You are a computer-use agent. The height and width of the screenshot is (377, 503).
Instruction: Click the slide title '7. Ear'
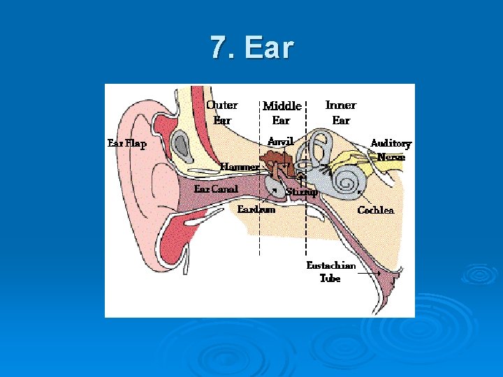click(x=252, y=48)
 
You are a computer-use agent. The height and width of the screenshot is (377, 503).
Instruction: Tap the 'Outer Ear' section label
click(x=221, y=112)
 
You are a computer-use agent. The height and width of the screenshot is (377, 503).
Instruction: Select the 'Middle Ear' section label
click(x=282, y=113)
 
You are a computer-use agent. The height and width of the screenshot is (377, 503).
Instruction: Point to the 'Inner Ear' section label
click(x=341, y=112)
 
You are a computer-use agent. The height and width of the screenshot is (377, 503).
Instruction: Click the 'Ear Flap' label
click(x=126, y=144)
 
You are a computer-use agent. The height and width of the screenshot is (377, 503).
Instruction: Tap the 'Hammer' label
click(x=240, y=167)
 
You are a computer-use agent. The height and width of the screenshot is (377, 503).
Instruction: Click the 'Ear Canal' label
click(x=216, y=189)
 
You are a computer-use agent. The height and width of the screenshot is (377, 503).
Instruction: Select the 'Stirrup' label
click(x=302, y=191)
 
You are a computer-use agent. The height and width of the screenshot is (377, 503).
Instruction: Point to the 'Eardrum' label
click(x=256, y=209)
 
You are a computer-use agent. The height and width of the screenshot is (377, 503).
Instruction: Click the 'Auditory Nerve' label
click(x=391, y=150)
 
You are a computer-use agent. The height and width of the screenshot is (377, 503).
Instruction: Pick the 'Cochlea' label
click(x=376, y=210)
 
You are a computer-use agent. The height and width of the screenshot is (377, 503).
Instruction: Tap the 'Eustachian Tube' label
click(x=331, y=272)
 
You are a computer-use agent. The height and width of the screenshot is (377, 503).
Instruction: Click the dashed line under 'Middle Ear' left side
click(x=260, y=223)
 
